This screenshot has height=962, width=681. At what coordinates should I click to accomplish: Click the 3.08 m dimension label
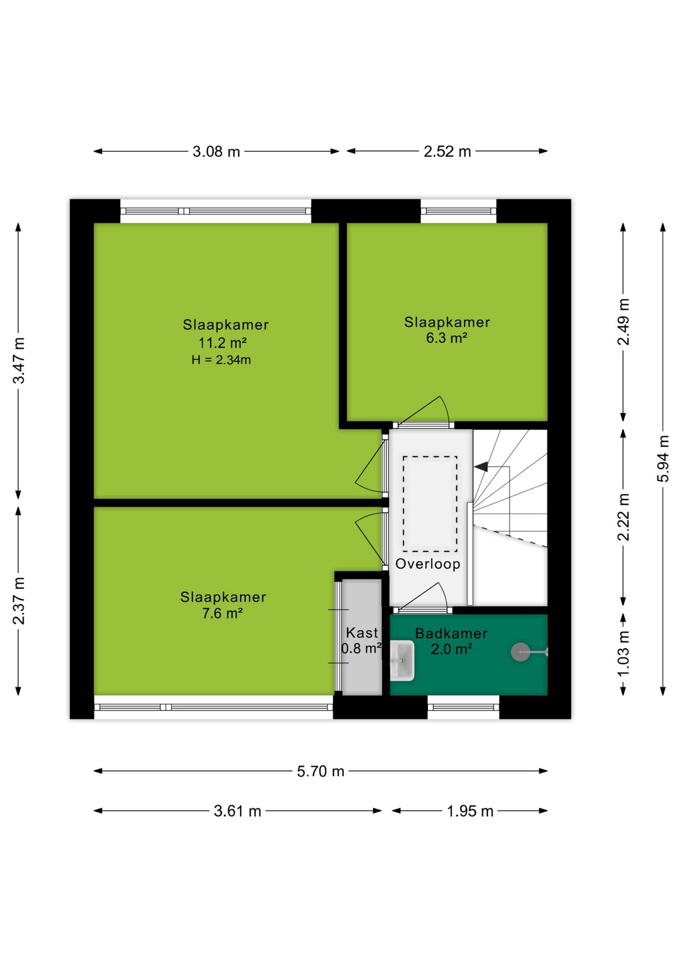216,151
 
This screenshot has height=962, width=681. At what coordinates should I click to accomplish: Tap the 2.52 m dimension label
447,151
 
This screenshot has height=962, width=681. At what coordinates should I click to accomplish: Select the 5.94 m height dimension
663,459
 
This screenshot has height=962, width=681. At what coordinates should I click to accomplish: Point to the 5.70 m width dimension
320,771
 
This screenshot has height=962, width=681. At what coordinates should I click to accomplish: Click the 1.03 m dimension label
623,653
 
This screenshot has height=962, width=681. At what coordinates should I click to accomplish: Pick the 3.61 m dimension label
237,811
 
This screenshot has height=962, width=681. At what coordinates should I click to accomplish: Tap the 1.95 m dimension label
470,811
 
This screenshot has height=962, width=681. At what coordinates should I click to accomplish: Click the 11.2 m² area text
223,343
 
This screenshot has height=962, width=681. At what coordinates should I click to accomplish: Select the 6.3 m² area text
447,338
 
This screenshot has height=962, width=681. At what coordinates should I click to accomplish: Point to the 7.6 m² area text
223,613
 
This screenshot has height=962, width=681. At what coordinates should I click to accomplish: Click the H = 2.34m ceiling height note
221,360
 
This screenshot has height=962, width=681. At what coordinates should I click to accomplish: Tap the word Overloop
428,564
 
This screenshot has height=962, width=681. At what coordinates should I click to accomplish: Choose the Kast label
362,632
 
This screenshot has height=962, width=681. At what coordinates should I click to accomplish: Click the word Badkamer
451,633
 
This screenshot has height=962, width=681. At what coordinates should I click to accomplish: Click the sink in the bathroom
402,660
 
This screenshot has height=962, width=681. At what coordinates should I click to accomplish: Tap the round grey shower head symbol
520,652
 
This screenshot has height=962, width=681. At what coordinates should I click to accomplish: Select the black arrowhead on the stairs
481,466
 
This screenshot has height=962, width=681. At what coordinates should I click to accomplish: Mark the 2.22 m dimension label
623,517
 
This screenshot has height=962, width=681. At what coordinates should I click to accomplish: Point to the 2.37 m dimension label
19,601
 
